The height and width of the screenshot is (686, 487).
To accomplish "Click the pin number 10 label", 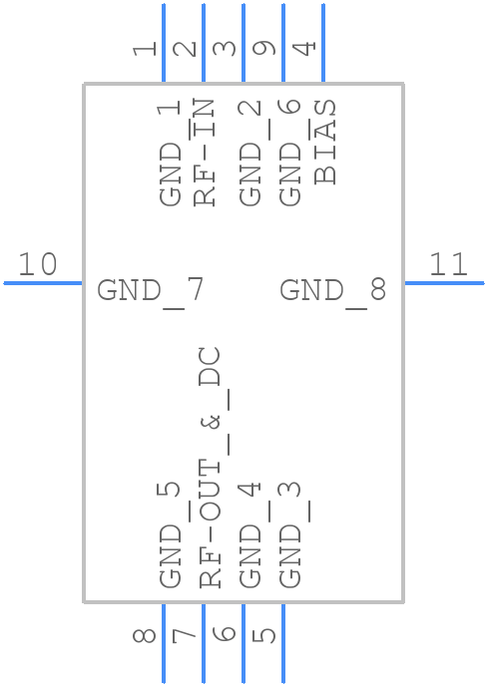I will (x=38, y=265).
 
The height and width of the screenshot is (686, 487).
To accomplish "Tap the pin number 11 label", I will (x=448, y=265).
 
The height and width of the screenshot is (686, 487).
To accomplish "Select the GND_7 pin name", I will (x=151, y=291).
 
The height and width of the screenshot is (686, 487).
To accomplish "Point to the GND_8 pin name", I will (x=332, y=291).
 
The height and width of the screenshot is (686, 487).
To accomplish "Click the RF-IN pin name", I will (x=205, y=152).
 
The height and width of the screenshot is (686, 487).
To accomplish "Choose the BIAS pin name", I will (x=325, y=142).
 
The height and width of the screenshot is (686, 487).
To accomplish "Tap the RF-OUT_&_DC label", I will (x=210, y=467).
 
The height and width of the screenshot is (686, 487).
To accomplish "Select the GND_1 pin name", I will (x=171, y=152).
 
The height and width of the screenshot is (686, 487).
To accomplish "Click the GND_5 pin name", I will (x=171, y=534).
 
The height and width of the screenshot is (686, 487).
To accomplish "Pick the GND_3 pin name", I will (x=290, y=534).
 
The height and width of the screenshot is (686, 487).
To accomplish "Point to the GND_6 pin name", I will (x=290, y=152).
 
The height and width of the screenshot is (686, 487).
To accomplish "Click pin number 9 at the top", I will (x=265, y=48).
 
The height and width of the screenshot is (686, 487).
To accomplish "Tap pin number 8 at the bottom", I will (x=146, y=634).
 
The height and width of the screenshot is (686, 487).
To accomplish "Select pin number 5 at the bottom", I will (x=265, y=634).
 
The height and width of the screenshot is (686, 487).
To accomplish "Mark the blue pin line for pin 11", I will (x=444, y=283).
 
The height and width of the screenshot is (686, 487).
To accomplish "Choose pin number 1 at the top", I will (x=146, y=48).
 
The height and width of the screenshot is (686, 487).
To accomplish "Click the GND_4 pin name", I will (x=250, y=534).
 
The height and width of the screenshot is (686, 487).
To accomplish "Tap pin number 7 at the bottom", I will (x=186, y=634).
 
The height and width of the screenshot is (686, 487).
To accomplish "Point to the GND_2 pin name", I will (x=250, y=152).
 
